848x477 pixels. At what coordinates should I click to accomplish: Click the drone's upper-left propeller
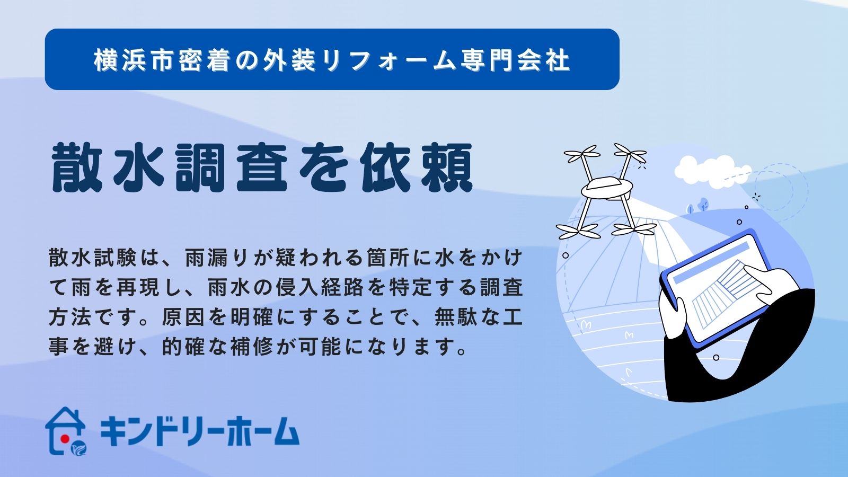(582, 153)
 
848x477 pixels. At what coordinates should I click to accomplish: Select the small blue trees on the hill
(697, 205)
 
